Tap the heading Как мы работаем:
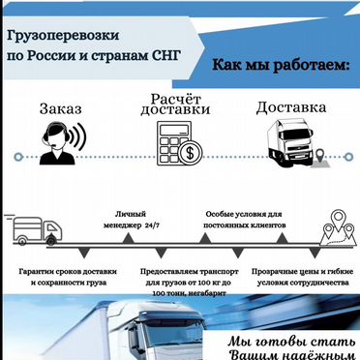(x=274, y=64)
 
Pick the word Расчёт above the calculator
(x=176, y=100)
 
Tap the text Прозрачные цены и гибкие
(x=302, y=272)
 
